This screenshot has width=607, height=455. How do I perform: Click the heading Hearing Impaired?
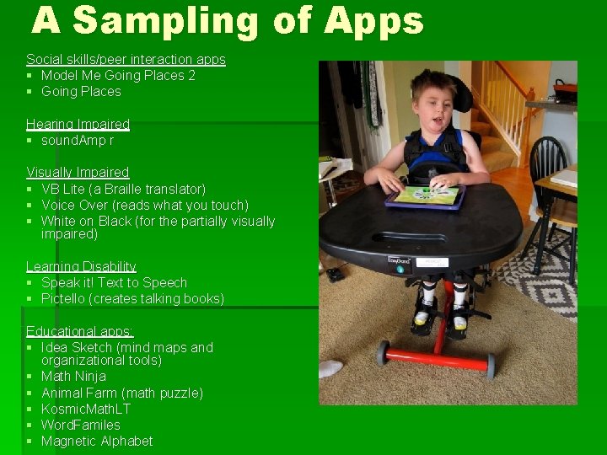[x=78, y=124]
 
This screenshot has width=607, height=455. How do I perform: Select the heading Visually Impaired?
[x=78, y=172]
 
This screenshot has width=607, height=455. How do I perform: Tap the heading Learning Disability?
[x=81, y=266]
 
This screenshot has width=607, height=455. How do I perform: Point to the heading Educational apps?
[x=80, y=330]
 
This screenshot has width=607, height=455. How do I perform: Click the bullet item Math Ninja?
[x=73, y=376]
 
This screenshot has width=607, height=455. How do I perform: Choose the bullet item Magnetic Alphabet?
[x=97, y=441]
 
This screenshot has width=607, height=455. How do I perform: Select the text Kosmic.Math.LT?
[x=86, y=409]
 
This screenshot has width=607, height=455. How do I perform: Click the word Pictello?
[x=63, y=298]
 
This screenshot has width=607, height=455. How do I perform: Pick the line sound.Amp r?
[x=78, y=140]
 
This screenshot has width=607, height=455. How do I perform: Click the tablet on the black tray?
[x=425, y=197]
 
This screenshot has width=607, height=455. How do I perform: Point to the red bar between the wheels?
[x=437, y=358]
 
